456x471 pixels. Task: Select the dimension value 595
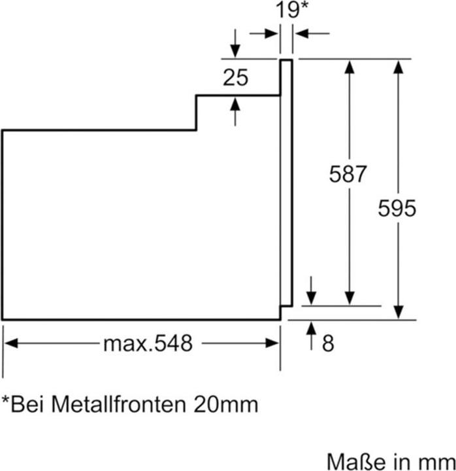[397, 209]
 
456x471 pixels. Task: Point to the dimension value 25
[235, 78]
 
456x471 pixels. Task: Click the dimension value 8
[327, 343]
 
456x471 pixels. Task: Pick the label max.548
[148, 343]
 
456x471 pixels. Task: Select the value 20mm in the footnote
[225, 404]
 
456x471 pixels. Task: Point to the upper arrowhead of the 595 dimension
[397, 66]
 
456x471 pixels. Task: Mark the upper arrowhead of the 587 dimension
[350, 66]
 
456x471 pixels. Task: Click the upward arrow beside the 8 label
[311, 328]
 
